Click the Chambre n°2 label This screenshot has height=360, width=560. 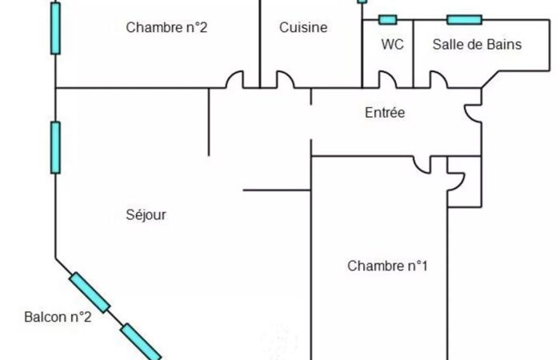click(x=166, y=27)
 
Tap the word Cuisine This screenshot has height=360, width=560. click(x=303, y=27)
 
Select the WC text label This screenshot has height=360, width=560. click(x=393, y=44)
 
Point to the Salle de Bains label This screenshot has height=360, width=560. click(x=477, y=44)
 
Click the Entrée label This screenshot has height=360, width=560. click(x=385, y=113)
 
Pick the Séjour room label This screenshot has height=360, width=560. click(x=146, y=215)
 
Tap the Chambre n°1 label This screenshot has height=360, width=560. click(x=387, y=266)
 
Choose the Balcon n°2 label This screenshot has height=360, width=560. click(x=58, y=317)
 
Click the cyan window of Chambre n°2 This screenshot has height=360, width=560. click(x=55, y=28)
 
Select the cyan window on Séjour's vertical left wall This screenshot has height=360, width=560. click(x=55, y=147)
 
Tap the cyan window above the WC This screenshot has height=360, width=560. click(x=387, y=20)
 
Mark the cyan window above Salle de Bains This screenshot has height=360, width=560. click(x=464, y=20)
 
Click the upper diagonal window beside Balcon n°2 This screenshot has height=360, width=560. click(x=90, y=293)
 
